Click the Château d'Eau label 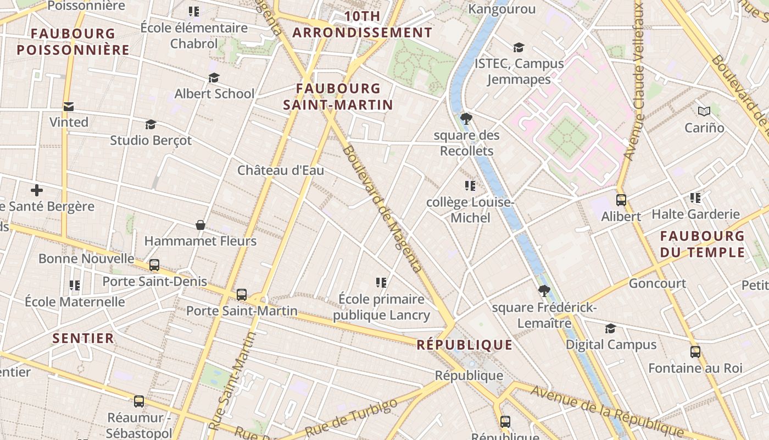281,170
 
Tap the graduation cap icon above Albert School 214,78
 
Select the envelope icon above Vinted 69,107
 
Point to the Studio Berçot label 151,140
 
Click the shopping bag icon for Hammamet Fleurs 200,225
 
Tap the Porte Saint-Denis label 155,282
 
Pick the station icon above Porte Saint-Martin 242,295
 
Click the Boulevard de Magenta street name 382,209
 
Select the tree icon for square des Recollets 466,118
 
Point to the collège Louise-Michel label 470,210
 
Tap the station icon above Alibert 621,200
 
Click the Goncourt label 657,284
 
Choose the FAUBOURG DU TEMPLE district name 702,244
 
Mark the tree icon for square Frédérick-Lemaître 544,291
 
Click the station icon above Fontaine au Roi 695,351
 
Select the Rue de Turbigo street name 351,418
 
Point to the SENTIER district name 83,338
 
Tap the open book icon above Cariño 704,111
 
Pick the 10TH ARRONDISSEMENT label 362,24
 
